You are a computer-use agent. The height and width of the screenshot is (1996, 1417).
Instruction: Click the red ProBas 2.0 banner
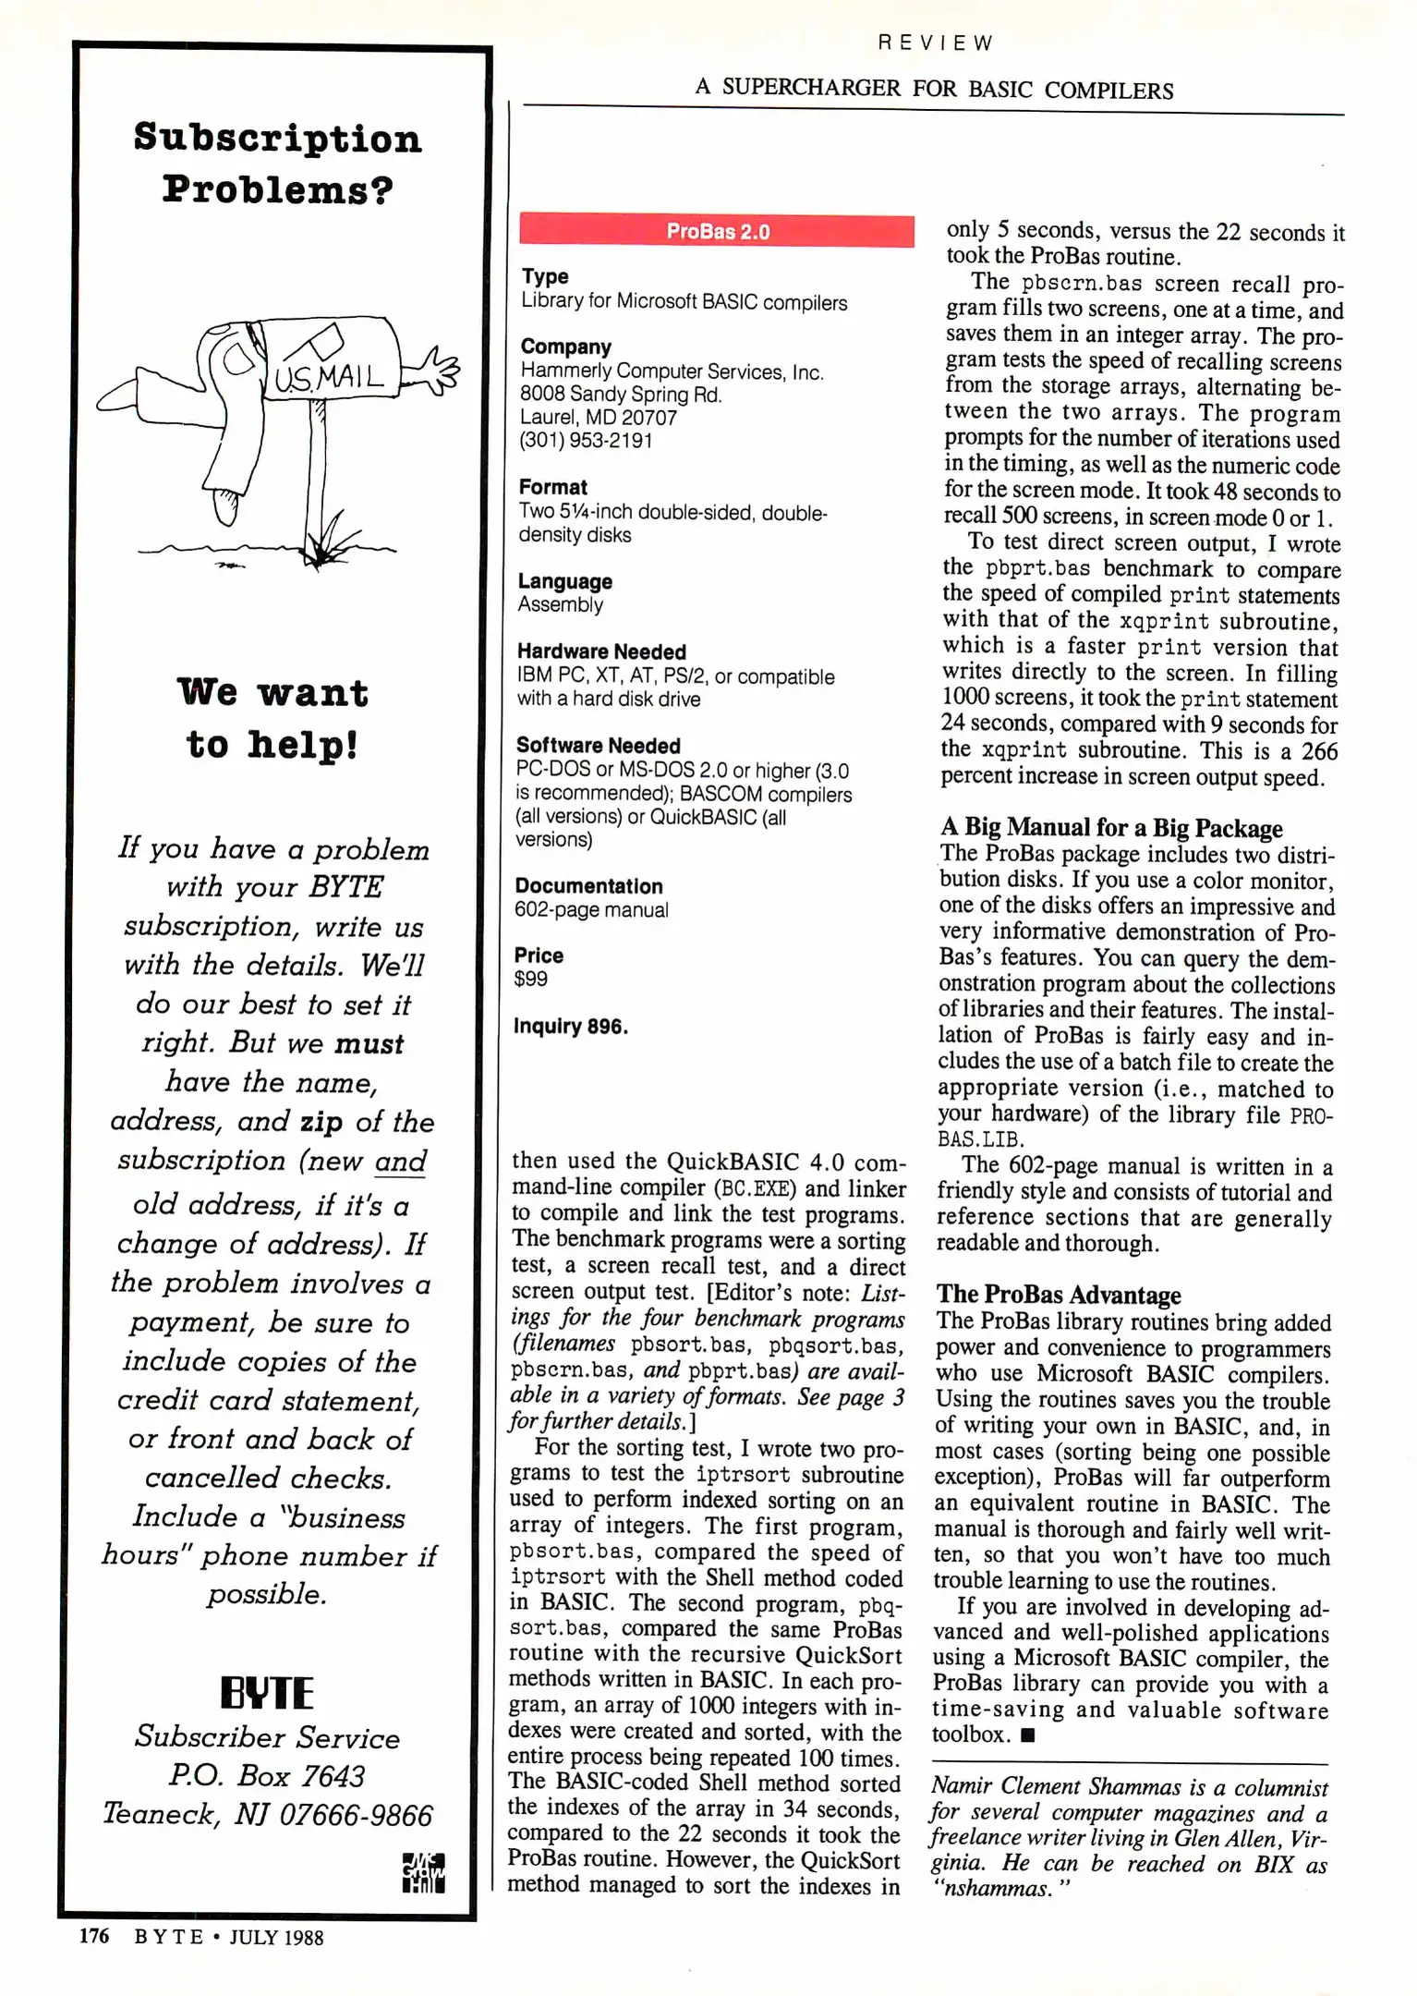point(717,230)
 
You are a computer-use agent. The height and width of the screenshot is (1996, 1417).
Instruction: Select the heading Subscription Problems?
point(277,164)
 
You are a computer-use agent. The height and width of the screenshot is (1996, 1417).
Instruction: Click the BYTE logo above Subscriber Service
point(267,1692)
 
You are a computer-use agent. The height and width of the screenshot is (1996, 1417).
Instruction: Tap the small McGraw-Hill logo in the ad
point(424,1872)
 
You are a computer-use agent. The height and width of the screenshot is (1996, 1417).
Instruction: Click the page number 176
point(93,1936)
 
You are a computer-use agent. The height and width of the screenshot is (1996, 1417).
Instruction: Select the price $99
point(531,979)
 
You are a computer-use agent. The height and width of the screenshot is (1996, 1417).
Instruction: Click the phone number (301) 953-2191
point(586,441)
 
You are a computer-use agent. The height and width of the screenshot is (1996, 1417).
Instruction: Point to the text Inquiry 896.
point(571,1027)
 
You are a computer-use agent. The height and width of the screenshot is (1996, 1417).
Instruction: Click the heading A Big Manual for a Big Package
point(1111,827)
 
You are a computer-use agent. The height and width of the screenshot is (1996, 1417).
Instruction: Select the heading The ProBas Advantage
point(1059,1295)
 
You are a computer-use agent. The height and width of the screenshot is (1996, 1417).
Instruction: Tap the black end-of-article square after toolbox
point(1028,1735)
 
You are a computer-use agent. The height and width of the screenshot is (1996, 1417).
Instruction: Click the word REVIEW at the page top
point(935,43)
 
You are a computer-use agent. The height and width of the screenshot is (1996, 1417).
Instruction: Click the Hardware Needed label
point(601,651)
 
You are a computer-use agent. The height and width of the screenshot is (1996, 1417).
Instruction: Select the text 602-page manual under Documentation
point(591,909)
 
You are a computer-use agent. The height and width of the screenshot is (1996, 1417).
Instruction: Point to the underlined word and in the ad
point(401,1161)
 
